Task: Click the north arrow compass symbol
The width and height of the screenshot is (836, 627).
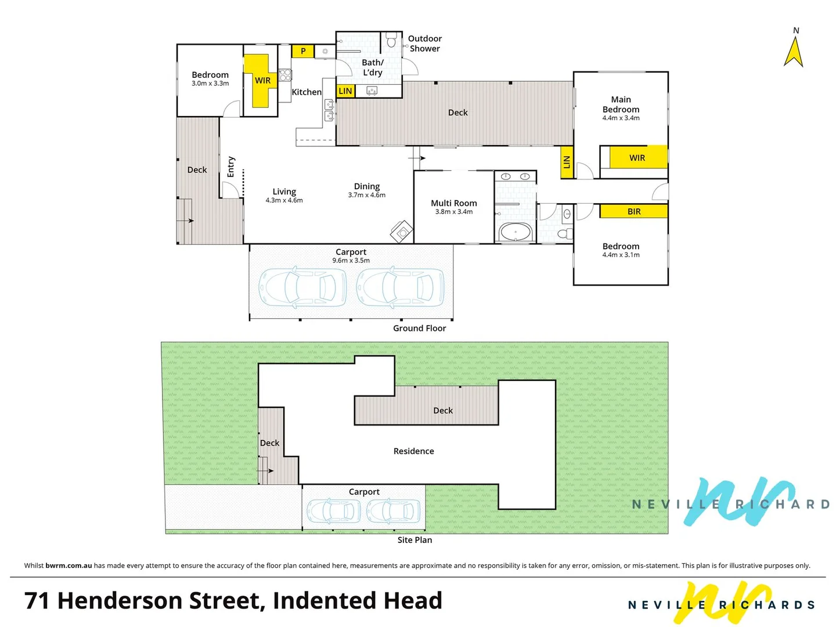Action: click(x=794, y=51)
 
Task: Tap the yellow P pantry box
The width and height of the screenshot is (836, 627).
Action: click(x=302, y=51)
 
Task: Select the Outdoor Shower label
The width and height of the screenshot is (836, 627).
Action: click(x=424, y=44)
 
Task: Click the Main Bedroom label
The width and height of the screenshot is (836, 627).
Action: click(x=621, y=105)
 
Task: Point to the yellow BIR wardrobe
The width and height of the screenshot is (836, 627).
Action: click(x=633, y=211)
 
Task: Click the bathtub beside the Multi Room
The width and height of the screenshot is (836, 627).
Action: click(x=515, y=232)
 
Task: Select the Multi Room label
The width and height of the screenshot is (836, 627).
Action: click(x=453, y=203)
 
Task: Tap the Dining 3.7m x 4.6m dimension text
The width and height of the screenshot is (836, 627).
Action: click(x=366, y=195)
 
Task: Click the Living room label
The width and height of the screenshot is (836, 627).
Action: click(x=284, y=192)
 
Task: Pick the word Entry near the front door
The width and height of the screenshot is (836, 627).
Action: click(x=231, y=167)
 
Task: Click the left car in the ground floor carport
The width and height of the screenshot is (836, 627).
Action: click(x=302, y=287)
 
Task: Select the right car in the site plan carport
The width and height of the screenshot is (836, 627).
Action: click(x=393, y=511)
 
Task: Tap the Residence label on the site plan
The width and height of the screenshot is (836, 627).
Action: click(x=413, y=451)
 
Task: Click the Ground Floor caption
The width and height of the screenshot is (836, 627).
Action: click(x=419, y=328)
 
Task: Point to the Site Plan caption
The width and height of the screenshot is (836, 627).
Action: click(x=415, y=540)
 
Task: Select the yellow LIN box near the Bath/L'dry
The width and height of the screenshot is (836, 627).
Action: click(x=345, y=91)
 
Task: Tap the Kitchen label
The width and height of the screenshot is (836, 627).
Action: click(x=306, y=92)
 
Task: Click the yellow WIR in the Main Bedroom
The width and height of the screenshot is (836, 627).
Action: click(x=637, y=157)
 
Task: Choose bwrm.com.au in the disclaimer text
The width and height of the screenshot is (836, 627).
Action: click(x=69, y=565)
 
